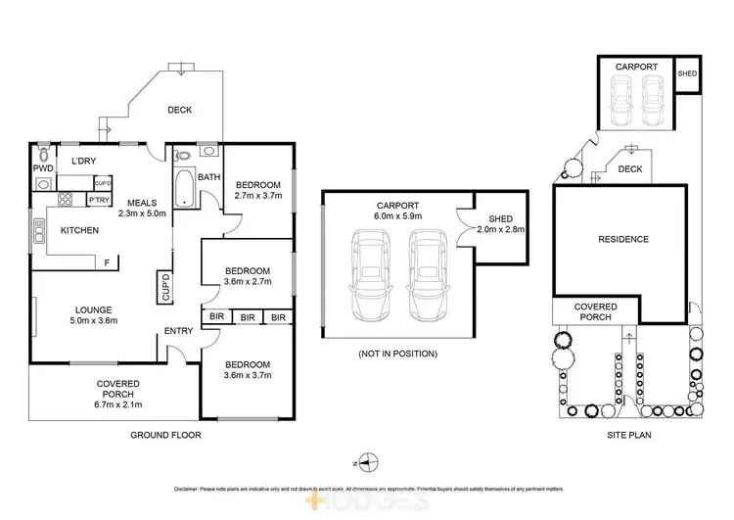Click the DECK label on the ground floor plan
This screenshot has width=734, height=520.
click(x=179, y=110)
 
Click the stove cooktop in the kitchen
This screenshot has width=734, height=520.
click(x=67, y=201)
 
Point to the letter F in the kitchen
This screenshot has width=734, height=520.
click(x=106, y=261)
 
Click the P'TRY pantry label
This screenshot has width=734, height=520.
click(x=98, y=200)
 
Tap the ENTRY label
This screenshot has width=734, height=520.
click(x=178, y=330)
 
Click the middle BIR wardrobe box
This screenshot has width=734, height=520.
click(x=248, y=316)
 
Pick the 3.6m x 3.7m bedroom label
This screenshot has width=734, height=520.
click(x=247, y=370)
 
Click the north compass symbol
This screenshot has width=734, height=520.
click(x=365, y=460)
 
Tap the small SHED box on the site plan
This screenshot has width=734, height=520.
click(x=688, y=74)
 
